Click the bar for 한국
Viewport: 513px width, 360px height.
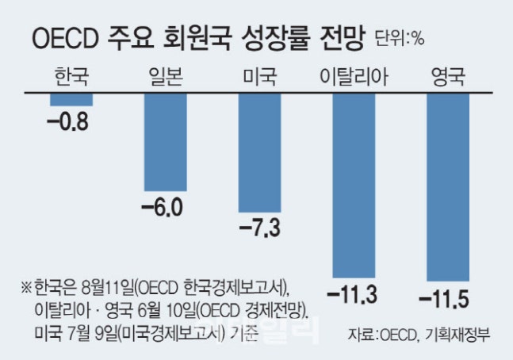pyautogui.click(x=71, y=99)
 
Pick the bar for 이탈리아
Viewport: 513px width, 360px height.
pyautogui.click(x=354, y=184)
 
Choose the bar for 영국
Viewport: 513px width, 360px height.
pyautogui.click(x=448, y=186)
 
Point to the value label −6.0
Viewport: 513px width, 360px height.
pyautogui.click(x=162, y=208)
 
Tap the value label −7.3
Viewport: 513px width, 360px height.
pyautogui.click(x=258, y=230)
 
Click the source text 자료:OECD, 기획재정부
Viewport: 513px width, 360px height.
pyautogui.click(x=418, y=335)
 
